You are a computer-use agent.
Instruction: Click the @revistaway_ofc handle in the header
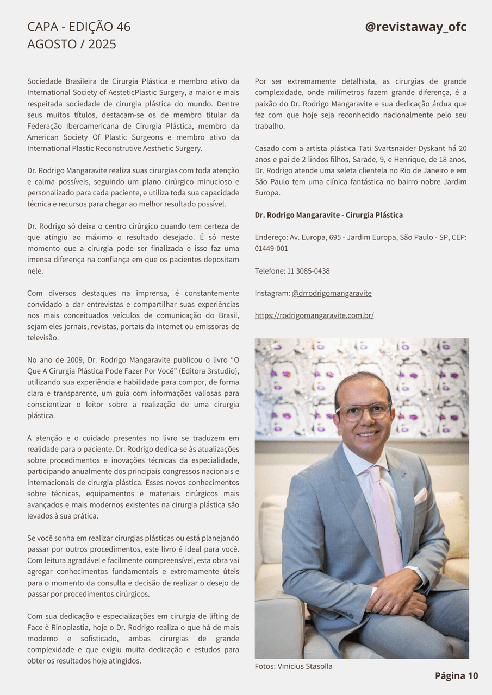point(415,27)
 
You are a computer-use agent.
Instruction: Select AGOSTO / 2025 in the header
point(72,45)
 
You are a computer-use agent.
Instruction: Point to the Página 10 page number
point(456,675)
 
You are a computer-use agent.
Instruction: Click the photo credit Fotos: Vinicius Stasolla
point(294,666)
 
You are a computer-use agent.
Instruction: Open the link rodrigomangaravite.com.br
point(314,315)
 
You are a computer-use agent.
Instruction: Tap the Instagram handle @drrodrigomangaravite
point(332,293)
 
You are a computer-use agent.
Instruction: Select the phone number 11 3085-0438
point(309,271)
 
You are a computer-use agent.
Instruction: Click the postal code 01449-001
point(271,249)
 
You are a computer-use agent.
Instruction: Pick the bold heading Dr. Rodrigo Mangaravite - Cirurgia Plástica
point(329,215)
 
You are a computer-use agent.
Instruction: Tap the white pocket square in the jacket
point(420,496)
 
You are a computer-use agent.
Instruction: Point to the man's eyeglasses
point(363,411)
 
